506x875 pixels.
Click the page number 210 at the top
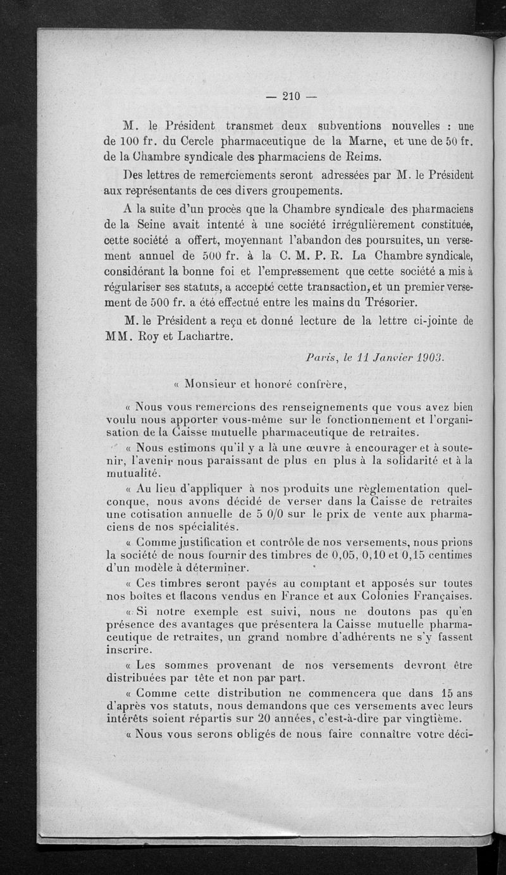click(290, 96)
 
